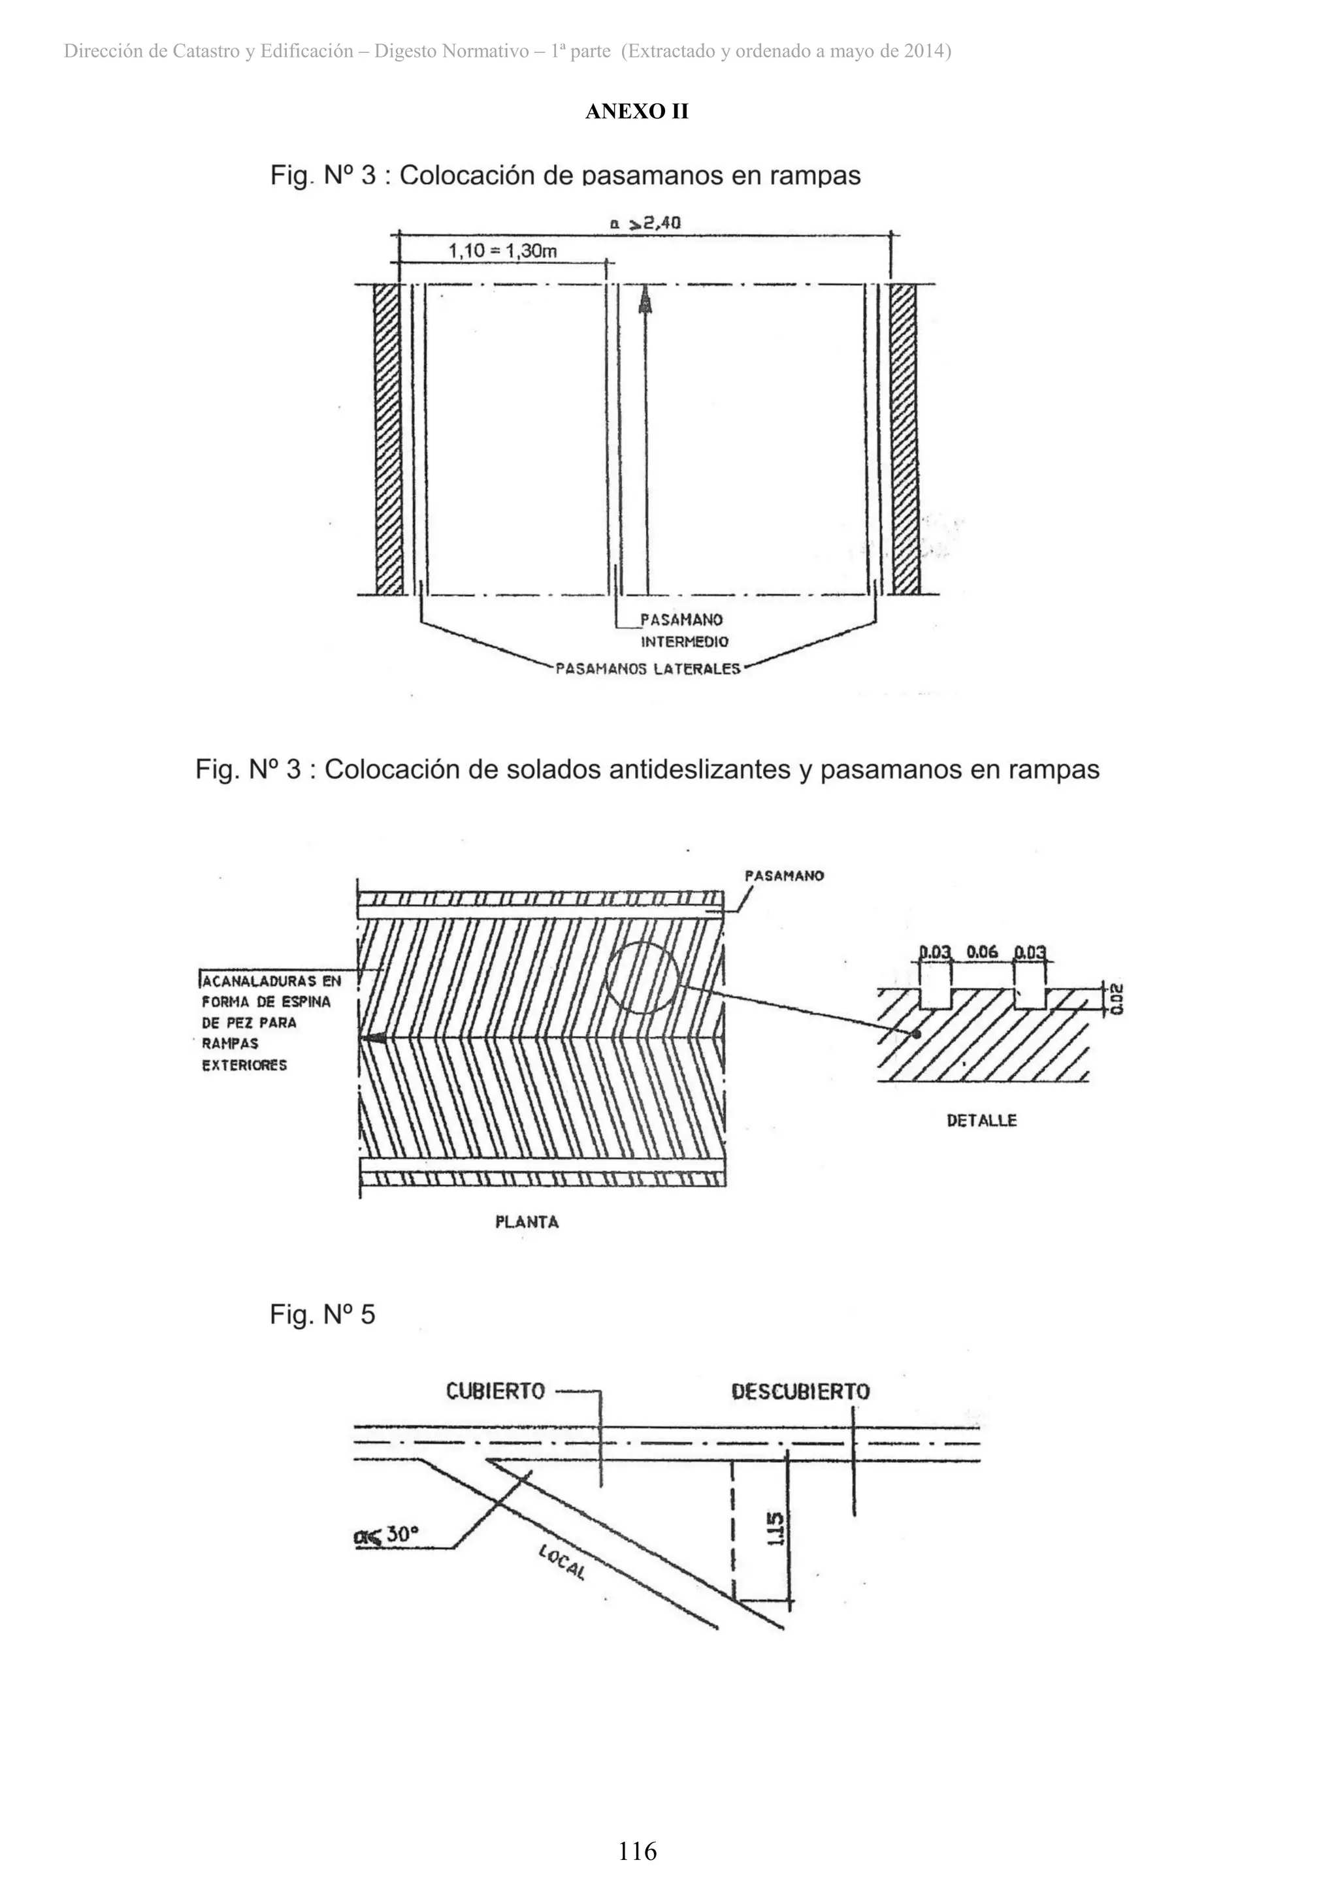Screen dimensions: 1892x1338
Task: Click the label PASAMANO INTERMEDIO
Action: pos(683,630)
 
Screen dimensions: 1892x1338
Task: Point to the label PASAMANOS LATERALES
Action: pos(648,669)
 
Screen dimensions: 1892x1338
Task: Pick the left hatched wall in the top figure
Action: pos(387,438)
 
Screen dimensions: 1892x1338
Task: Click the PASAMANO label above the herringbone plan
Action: pos(784,876)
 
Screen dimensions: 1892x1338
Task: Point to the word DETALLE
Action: pos(981,1121)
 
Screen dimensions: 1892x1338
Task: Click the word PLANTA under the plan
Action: pos(527,1222)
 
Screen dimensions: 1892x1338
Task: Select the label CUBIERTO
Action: pos(495,1391)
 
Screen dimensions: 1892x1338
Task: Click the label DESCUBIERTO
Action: pos(800,1392)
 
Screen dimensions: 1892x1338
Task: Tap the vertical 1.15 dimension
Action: pos(774,1530)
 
